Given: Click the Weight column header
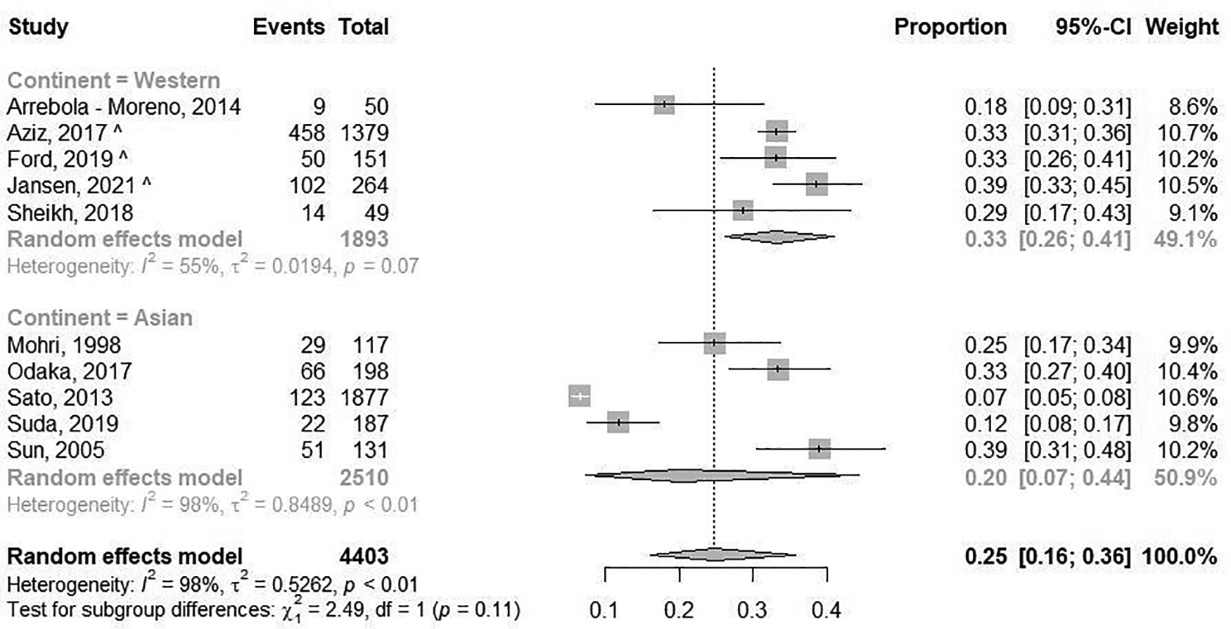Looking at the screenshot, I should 1182,27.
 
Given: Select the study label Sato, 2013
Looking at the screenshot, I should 60,398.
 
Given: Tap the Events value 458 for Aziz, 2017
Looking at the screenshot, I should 307,132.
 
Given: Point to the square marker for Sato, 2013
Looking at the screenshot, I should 580,397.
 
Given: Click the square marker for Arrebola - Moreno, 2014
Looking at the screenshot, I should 664,105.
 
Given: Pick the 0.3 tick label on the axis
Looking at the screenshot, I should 752,609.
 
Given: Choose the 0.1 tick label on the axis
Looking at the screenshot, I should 604,609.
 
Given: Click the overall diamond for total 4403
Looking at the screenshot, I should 715,555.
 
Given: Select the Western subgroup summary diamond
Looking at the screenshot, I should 777,237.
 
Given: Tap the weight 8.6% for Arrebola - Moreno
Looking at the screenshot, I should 1192,106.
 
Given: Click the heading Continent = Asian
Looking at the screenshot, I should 100,318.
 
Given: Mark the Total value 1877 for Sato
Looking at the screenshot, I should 364,398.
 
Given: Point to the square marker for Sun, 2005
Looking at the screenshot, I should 819,448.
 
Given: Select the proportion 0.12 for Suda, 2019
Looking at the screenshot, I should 986,424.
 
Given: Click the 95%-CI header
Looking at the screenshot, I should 1092,27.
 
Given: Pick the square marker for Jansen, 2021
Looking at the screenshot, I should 816,184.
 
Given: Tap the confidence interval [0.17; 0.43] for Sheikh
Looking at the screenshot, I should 1077,212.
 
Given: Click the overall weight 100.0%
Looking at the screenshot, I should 1180,556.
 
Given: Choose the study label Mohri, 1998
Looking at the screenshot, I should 64,345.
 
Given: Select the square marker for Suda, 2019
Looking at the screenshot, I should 618,423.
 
